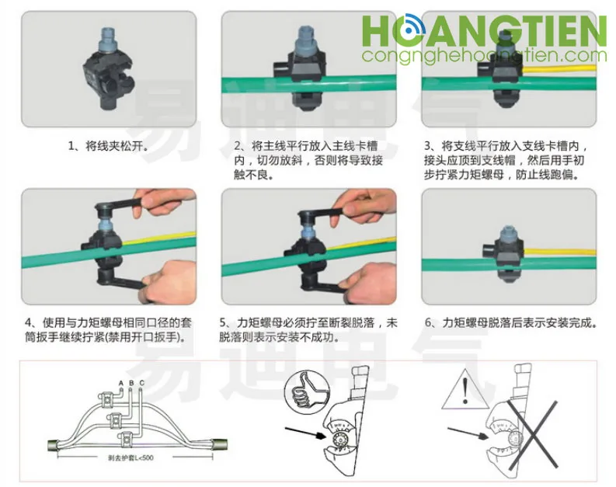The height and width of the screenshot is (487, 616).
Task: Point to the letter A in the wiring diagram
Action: click(121, 384)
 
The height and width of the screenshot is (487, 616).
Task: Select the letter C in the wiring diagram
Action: click(141, 384)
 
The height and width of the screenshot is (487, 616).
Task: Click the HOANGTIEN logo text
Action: click(484, 32)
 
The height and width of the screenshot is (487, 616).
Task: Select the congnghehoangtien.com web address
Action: click(484, 56)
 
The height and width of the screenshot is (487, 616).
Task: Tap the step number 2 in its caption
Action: click(237, 146)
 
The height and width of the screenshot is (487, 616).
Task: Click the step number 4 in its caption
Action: click(28, 322)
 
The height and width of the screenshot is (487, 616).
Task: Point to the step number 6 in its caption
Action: click(428, 322)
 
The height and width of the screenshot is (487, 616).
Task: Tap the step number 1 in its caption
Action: click(71, 146)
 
